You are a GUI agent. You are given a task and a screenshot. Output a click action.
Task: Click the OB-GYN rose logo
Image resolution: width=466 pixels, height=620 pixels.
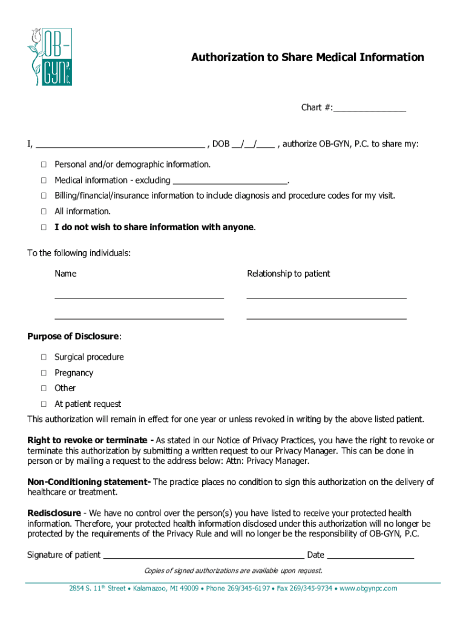[49, 56]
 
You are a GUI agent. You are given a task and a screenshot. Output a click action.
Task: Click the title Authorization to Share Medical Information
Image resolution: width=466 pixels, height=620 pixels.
[307, 58]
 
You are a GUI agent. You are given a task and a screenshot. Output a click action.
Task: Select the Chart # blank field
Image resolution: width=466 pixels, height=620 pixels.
[369, 108]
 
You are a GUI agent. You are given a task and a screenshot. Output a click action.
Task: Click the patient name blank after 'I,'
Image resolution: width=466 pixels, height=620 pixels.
[120, 145]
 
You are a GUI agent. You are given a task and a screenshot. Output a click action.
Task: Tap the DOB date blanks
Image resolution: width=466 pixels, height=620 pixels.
[253, 145]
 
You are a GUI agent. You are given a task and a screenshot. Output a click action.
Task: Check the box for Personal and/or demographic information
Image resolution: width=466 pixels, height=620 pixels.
[44, 165]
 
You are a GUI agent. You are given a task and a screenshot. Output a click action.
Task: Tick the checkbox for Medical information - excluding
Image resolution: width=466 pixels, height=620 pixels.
[44, 180]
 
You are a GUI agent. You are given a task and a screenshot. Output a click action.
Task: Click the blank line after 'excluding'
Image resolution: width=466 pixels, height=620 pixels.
[230, 181]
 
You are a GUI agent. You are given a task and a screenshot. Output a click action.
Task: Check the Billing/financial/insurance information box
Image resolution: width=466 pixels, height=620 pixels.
[44, 196]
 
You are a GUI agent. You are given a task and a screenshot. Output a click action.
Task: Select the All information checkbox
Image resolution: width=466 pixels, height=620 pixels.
[44, 211]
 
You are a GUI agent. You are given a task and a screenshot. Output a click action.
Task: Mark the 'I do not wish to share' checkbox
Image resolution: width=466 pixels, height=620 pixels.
[44, 227]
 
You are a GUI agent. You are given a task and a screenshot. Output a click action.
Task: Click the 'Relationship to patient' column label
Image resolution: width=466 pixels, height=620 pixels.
[288, 274]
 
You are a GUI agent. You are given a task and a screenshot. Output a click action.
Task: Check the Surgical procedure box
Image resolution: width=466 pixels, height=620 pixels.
[44, 357]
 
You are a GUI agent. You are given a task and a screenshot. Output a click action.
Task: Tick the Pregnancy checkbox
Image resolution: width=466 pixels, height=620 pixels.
[44, 373]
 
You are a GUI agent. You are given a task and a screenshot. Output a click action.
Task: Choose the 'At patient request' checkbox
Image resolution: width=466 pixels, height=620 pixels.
[44, 404]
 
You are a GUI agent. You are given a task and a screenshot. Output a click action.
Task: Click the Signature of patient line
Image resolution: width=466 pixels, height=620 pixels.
[203, 555]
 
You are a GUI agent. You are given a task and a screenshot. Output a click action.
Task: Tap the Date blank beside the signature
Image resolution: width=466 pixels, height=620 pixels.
[370, 555]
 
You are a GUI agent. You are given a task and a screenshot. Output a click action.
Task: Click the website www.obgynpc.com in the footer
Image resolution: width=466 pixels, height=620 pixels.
[368, 589]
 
